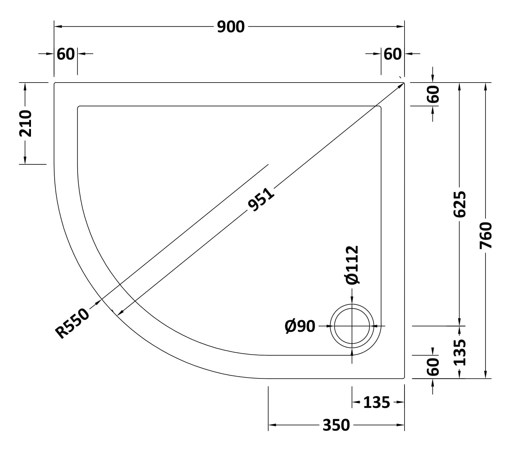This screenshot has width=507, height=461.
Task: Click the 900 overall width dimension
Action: click(x=231, y=27)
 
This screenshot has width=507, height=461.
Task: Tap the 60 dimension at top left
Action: click(x=66, y=54)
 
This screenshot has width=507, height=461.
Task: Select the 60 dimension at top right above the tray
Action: click(x=393, y=54)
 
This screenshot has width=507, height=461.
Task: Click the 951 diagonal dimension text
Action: click(x=261, y=200)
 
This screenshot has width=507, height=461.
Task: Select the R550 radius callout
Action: click(x=73, y=323)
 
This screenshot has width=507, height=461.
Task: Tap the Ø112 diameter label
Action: click(x=352, y=265)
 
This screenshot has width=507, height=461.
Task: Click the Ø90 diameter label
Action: click(x=300, y=326)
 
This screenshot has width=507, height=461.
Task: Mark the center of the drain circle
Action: click(x=352, y=326)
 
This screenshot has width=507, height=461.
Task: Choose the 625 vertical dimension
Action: click(x=459, y=204)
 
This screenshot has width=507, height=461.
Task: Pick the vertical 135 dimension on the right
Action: click(x=459, y=352)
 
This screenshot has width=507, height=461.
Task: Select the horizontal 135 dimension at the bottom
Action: click(x=376, y=402)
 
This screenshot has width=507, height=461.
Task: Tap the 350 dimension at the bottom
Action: click(x=336, y=425)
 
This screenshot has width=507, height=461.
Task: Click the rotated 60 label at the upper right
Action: click(x=433, y=94)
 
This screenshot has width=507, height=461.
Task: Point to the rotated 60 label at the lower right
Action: click(x=433, y=367)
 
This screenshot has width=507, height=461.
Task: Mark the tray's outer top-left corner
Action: click(x=55, y=83)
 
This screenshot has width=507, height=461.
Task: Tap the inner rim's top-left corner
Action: click(x=78, y=106)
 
